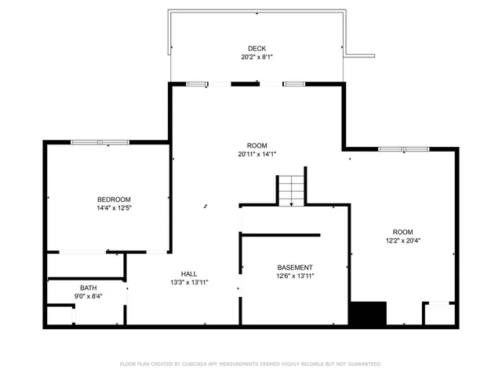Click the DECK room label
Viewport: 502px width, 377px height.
point(256,48)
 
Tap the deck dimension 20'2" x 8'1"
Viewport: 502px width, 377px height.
point(256,57)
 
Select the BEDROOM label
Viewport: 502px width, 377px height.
point(114,199)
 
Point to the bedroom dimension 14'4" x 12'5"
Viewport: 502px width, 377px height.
point(114,209)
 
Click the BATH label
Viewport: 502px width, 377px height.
point(88,287)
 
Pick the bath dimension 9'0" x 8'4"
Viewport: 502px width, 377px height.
point(88,296)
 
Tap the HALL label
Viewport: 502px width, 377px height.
point(189,273)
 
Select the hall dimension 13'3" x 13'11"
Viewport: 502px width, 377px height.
point(189,282)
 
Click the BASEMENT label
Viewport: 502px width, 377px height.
point(295,268)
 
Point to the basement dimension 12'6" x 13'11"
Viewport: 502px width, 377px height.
point(295,276)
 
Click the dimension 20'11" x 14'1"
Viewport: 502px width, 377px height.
point(256,155)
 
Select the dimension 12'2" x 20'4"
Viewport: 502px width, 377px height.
point(403,241)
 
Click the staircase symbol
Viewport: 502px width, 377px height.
point(291,190)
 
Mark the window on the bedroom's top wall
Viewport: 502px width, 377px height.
point(100,142)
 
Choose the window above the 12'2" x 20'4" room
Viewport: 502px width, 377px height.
point(403,148)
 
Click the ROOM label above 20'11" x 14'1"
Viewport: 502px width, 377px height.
point(256,145)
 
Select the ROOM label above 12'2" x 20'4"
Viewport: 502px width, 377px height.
point(403,232)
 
